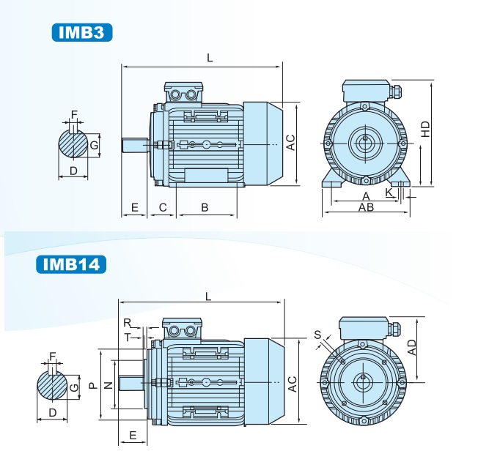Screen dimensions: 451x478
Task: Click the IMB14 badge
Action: (71, 264)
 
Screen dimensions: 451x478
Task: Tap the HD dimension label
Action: (426, 128)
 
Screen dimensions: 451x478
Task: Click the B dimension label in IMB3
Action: (205, 208)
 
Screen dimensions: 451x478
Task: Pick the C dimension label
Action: (163, 208)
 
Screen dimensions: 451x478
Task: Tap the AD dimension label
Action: (413, 347)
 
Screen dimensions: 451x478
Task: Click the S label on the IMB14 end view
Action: (317, 335)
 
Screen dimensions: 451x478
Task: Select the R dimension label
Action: (127, 323)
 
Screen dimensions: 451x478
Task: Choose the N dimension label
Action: (109, 384)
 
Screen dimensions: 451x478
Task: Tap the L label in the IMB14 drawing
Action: (208, 297)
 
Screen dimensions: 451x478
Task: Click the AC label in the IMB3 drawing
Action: (290, 142)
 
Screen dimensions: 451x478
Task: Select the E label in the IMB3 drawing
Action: (135, 208)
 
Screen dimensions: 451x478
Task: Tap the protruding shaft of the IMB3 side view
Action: (136, 145)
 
